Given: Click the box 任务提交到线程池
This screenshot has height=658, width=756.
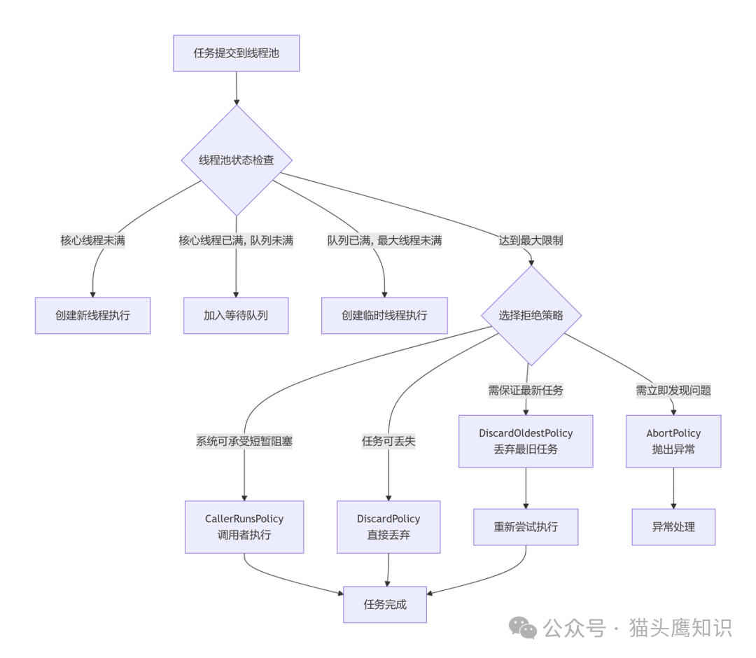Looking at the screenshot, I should coord(236,53).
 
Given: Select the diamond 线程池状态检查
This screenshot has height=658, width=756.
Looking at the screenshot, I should coord(237,160).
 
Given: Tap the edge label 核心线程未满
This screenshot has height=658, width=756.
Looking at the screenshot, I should coord(93,241).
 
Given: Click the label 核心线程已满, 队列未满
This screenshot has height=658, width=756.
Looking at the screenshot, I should coord(236,241).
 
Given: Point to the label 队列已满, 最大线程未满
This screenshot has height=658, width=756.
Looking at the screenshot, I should coord(384,241).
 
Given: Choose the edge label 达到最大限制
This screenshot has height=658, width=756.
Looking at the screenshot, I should coord(531,241).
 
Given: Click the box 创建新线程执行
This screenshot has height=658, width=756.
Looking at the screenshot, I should coord(92,315).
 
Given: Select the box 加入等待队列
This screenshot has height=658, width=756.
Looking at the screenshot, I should coord(236,315).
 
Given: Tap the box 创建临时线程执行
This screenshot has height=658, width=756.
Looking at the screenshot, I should coord(384,315).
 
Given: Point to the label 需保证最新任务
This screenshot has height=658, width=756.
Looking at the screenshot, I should coord(526,391).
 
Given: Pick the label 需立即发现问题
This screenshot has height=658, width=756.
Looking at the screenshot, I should coord(673,391).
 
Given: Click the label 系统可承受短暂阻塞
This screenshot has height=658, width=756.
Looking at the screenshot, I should coord(244,442).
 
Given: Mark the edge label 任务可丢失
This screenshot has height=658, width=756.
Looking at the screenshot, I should coord(388,442).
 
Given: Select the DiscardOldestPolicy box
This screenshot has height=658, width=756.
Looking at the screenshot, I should coord(526,441).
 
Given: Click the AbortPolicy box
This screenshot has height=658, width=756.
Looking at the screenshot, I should coord(673,441).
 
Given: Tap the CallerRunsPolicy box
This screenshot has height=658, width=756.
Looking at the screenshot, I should coord(244,526).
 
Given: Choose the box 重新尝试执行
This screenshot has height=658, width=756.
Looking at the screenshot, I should coord(526,526).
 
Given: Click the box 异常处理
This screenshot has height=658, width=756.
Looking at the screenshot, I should coord(673,526).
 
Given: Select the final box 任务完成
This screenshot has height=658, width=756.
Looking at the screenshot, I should coord(385,604).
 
